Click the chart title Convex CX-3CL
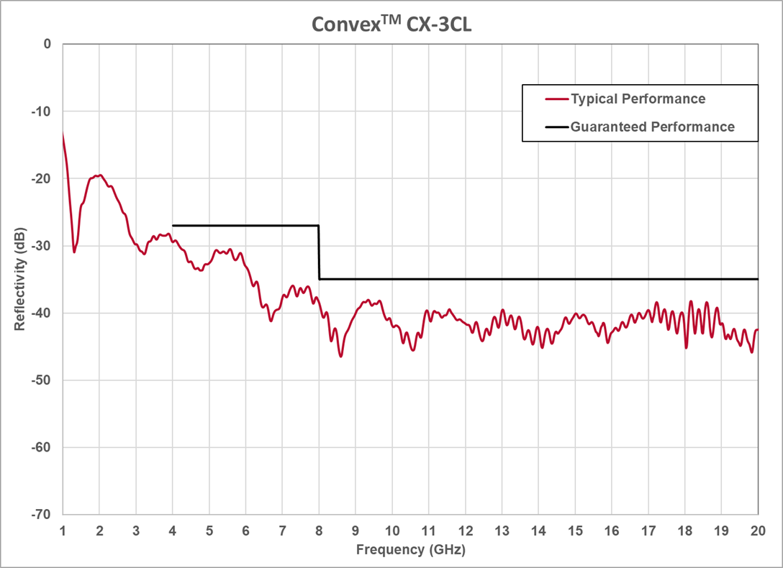[391, 24]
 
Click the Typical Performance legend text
[638, 99]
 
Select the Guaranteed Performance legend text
[652, 127]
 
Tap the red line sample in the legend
[556, 99]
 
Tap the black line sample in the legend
[556, 127]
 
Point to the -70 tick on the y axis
[41, 515]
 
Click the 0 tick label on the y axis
[47, 44]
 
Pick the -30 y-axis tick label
[41, 246]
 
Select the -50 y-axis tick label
[41, 380]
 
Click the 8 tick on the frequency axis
[319, 531]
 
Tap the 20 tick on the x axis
[757, 531]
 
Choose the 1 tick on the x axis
[63, 531]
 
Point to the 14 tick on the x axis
[538, 531]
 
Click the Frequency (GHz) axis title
[410, 550]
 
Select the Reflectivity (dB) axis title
[19, 279]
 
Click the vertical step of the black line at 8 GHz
[319, 252]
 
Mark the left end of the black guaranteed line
[173, 226]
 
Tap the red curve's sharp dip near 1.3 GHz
[74, 251]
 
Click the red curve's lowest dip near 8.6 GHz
[341, 356]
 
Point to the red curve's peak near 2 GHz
[99, 175]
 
